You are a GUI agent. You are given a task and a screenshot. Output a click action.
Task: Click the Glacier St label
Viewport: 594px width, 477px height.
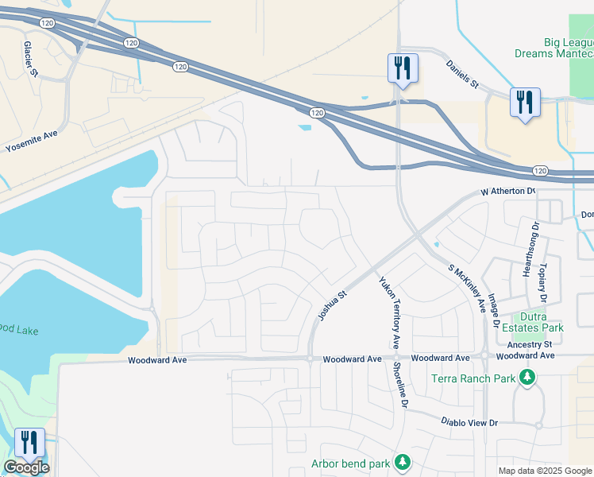(31, 59)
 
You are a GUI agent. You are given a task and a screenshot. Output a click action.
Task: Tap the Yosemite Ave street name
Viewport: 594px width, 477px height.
(32, 142)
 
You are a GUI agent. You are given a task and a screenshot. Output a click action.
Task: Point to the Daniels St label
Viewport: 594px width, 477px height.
(461, 73)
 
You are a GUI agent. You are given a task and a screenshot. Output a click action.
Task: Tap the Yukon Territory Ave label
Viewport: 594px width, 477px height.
(389, 312)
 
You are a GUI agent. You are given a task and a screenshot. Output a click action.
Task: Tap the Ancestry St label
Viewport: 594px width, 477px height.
(530, 344)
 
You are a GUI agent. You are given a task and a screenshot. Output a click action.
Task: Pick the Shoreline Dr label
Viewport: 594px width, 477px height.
(403, 386)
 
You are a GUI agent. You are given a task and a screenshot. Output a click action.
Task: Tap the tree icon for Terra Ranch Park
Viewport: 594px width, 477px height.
(526, 378)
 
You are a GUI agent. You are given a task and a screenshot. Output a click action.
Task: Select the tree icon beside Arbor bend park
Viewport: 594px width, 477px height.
(403, 462)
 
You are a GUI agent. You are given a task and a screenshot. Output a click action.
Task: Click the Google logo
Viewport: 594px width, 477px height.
(26, 467)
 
